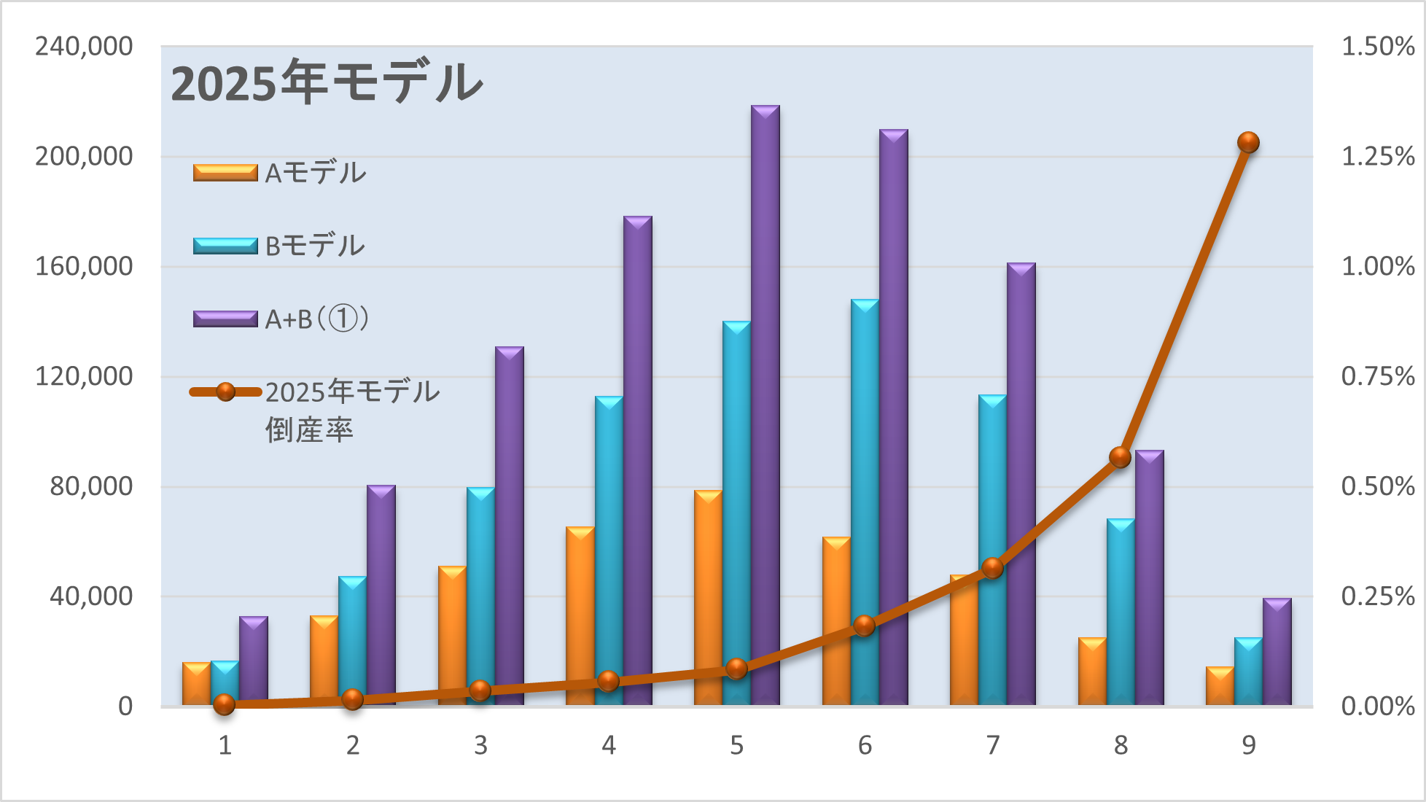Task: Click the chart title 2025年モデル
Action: (327, 82)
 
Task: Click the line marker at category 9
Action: (1248, 142)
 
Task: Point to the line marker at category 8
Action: (1120, 457)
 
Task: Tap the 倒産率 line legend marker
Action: (226, 392)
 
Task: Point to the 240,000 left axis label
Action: (84, 47)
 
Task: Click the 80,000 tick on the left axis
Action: (91, 486)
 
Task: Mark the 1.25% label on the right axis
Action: (1378, 156)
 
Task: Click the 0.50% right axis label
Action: (1378, 486)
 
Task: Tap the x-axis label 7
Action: (992, 745)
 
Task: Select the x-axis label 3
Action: (480, 745)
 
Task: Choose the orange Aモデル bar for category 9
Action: (1220, 685)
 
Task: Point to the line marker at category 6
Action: (864, 626)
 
